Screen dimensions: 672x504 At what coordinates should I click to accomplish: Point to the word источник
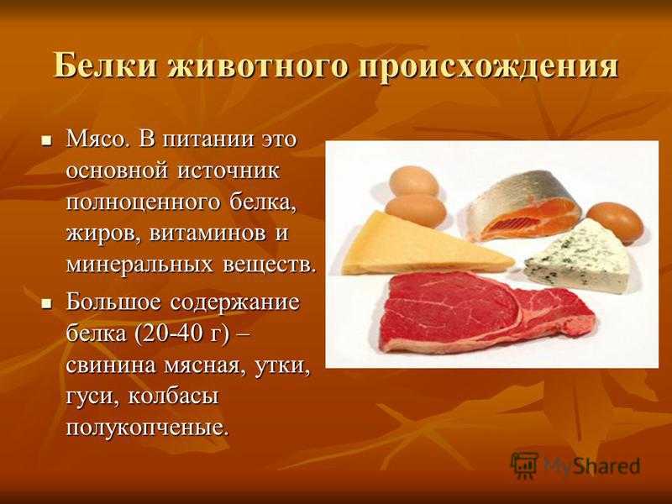tap(228, 171)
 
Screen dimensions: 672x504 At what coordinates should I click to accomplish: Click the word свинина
tap(111, 365)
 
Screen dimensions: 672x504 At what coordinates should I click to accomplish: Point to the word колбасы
tap(173, 396)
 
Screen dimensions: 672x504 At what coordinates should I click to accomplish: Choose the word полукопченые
tap(146, 428)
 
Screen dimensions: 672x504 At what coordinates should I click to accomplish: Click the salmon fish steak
tap(522, 206)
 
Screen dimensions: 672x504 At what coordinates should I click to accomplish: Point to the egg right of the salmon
tap(615, 222)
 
